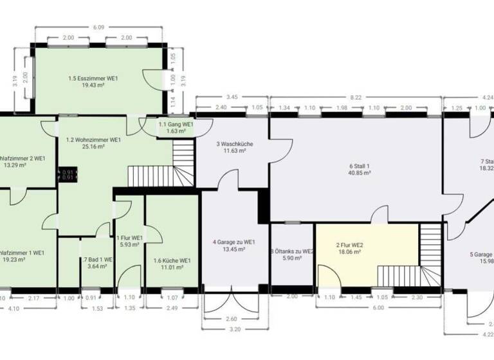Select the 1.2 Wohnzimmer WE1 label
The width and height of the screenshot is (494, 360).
click(x=93, y=139)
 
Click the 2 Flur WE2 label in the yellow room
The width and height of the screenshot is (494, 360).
click(x=348, y=245)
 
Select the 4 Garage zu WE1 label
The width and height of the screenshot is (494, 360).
click(x=234, y=242)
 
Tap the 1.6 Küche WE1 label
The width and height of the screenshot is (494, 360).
click(x=172, y=260)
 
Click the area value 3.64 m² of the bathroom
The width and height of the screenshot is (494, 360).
click(x=96, y=266)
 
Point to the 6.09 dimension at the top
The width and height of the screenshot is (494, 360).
click(x=98, y=28)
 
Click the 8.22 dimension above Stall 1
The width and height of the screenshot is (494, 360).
click(x=356, y=96)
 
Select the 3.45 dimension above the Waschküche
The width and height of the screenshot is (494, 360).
click(x=233, y=96)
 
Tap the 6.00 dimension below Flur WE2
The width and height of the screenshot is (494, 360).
click(x=378, y=307)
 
